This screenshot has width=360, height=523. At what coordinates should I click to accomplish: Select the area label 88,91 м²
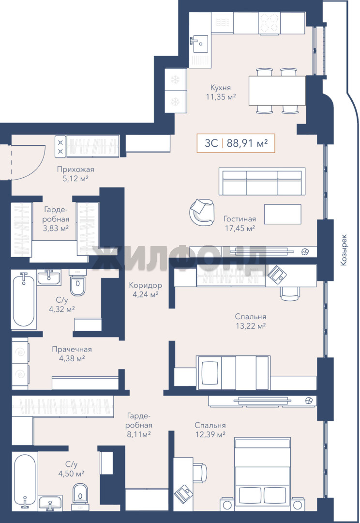tap(247, 143)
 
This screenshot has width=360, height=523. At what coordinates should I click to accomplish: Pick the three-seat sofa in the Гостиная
tap(262, 181)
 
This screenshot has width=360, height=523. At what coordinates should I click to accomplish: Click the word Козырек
tap(344, 250)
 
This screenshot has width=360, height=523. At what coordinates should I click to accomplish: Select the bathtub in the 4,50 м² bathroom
tap(25, 479)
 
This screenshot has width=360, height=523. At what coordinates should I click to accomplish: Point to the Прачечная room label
tap(72, 349)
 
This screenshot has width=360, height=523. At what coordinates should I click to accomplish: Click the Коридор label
tap(145, 285)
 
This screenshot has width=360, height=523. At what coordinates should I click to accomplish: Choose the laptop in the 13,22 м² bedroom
tap(277, 274)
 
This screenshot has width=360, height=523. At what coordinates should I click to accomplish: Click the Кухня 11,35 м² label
tap(221, 92)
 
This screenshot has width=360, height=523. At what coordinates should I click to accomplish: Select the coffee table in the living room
tap(283, 214)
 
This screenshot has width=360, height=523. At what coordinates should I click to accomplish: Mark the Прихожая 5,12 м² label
tap(75, 174)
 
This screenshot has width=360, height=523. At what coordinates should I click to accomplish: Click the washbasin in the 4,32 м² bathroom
tap(49, 277)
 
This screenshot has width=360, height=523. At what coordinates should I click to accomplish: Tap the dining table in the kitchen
tap(277, 91)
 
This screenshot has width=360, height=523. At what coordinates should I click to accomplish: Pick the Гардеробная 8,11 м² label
tap(139, 425)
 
